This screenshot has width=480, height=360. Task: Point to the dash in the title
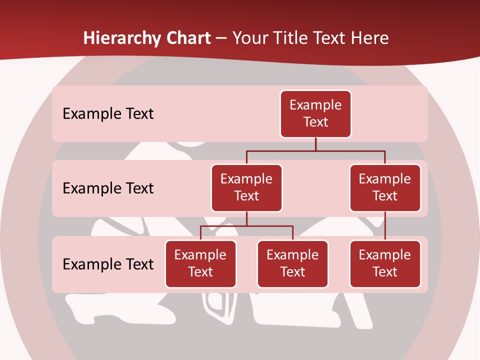coord(221,38)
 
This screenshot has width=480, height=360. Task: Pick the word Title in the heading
coord(290,38)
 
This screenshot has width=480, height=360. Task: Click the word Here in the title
coord(370,38)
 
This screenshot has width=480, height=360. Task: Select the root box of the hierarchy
coord(315,113)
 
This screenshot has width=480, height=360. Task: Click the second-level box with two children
coord(246,187)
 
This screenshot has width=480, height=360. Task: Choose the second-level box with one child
coord(385,187)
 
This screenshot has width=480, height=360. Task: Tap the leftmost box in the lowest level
coord(200,263)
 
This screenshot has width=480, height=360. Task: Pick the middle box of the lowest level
coord(292,263)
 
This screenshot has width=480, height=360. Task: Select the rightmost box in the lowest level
coord(385,263)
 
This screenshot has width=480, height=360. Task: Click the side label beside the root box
coord(108,113)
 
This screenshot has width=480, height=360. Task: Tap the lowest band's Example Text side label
coord(108,264)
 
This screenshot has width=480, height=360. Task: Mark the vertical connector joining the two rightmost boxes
coord(385,226)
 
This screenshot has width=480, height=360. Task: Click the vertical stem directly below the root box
coord(315,144)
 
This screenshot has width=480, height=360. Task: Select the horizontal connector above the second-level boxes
coord(315,150)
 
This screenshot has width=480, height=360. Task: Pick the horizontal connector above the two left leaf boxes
coord(246,226)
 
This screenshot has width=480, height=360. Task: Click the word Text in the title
coord(328,38)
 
